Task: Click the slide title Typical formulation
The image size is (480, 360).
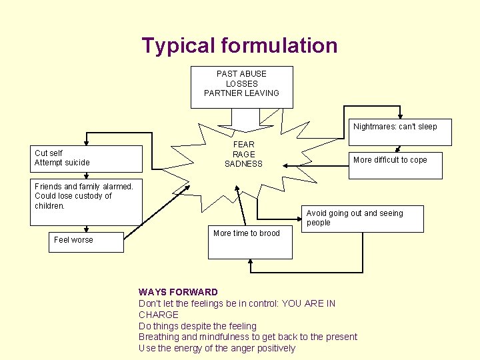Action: [x=239, y=46]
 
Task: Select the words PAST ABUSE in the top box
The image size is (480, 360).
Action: [x=241, y=74]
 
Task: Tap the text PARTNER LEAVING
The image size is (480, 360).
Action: [x=241, y=93]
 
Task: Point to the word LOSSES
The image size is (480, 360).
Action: [x=241, y=84]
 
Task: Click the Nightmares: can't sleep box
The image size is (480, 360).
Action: [x=397, y=131]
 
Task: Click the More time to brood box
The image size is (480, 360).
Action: [x=250, y=243]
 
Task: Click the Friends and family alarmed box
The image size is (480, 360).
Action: [x=86, y=203]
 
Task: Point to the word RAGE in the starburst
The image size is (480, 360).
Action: [x=243, y=154]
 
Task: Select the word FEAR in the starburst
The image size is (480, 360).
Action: [x=243, y=144]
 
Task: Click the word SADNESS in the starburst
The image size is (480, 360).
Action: [x=243, y=164]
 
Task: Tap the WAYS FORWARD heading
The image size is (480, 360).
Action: [x=178, y=292]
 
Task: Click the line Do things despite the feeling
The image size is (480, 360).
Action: [x=197, y=326]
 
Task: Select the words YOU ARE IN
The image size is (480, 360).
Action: [x=309, y=303]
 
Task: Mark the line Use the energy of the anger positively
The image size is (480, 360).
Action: [x=217, y=348]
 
